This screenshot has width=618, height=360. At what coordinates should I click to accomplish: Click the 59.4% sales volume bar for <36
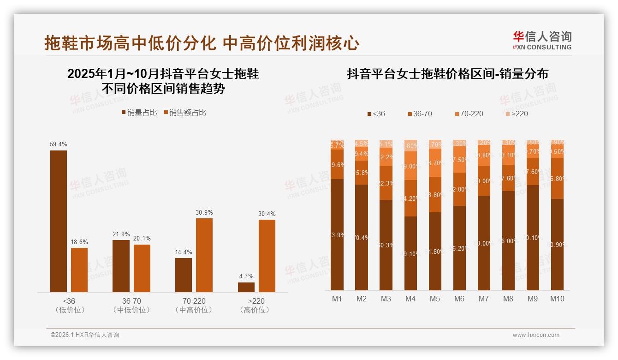click(59, 221)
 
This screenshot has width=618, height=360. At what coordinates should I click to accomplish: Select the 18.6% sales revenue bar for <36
click(79, 270)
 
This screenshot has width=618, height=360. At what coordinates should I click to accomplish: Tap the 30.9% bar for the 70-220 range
click(204, 255)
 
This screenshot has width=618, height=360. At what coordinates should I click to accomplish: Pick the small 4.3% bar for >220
click(246, 287)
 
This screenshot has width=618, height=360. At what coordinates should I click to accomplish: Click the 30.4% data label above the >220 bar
click(267, 214)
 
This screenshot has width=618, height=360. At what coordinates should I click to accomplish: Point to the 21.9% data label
click(121, 234)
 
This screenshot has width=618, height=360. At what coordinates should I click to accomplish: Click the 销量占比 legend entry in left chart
click(139, 113)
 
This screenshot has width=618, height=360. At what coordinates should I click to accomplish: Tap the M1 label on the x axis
click(337, 299)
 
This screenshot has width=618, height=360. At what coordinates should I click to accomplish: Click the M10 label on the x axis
click(557, 299)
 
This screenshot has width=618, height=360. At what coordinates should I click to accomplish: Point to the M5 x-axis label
click(435, 299)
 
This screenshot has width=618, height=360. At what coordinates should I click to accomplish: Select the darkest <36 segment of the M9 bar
click(533, 238)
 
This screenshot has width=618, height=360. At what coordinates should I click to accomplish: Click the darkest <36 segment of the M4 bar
click(410, 253)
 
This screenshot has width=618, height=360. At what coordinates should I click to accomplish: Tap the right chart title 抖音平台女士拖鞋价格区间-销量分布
click(447, 74)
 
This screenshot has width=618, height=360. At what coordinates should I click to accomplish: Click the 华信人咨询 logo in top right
click(542, 40)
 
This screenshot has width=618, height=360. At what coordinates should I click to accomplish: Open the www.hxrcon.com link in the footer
click(536, 335)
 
